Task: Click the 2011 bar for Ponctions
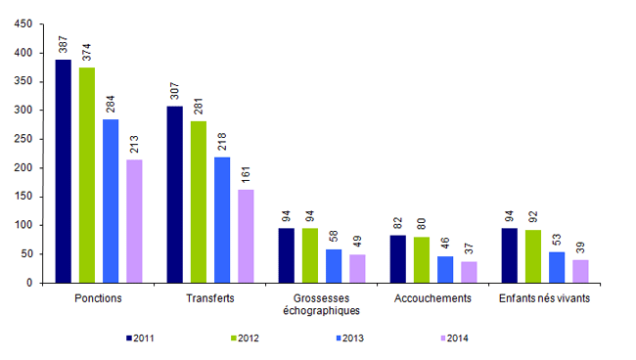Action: pos(63,171)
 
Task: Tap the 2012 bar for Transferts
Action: pos(199,202)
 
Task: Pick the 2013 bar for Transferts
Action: pos(222,220)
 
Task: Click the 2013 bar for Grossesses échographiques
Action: pos(334,266)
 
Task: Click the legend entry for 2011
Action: pos(141,337)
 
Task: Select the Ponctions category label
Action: pos(98,298)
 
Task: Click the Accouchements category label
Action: pos(433,298)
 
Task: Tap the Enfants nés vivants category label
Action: pos(545,298)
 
